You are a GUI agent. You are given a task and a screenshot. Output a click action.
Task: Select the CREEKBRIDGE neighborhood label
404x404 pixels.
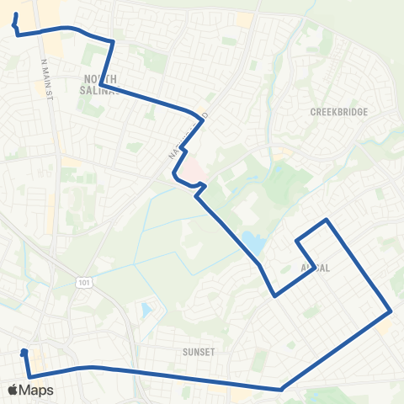[x=335, y=111]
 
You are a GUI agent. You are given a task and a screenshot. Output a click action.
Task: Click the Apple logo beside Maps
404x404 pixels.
[x=13, y=390]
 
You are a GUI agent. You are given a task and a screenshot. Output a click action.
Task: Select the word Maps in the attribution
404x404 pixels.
[x=38, y=390]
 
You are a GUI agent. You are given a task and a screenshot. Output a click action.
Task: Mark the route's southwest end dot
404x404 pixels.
[x=24, y=353]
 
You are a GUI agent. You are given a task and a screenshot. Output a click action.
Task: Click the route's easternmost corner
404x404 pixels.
[x=391, y=311]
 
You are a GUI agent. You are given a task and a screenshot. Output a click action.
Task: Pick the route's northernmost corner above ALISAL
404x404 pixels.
[x=327, y=220]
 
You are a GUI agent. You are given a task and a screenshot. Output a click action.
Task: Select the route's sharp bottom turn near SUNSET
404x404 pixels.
[x=280, y=389]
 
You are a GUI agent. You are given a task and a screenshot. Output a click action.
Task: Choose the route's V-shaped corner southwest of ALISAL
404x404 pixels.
[x=274, y=295]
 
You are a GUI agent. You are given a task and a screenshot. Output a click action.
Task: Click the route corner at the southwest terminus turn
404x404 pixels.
[x=29, y=376]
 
